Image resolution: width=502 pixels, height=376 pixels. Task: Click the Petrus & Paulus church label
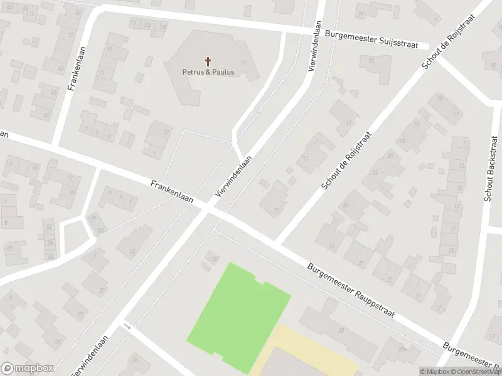click(x=208, y=72)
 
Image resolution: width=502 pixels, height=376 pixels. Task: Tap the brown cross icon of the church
click(x=208, y=61)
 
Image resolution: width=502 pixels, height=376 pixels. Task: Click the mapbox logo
click(x=26, y=368)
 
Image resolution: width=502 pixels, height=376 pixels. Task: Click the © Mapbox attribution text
click(x=435, y=372)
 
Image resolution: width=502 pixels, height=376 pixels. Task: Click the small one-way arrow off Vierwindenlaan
click(x=127, y=326)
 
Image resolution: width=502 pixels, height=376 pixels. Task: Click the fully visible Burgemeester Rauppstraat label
click(x=351, y=290)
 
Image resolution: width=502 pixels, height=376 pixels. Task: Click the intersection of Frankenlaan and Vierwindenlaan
click(x=207, y=210)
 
